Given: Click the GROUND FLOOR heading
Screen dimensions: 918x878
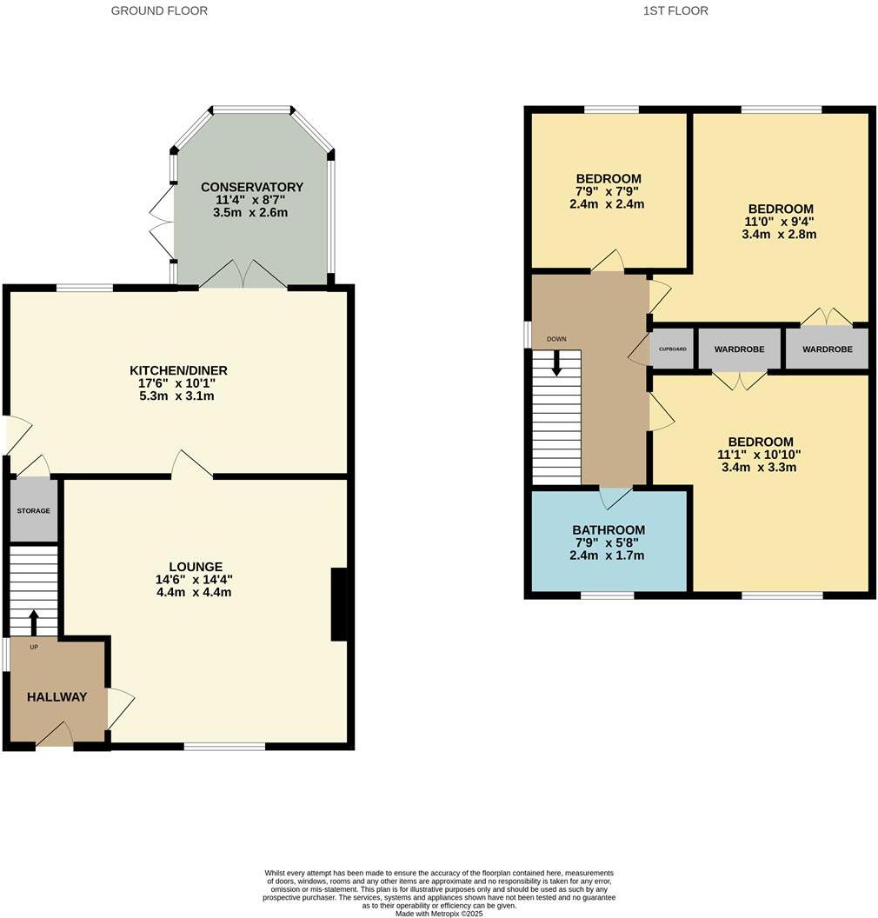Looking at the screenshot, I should pos(159,11).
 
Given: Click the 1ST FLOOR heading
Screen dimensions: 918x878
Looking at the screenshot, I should pos(675,11).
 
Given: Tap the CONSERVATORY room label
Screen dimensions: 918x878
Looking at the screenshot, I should pos(251,187).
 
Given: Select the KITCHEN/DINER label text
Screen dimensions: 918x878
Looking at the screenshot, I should pos(178,371).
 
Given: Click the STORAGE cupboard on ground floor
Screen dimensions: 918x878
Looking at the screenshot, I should pos(34,511).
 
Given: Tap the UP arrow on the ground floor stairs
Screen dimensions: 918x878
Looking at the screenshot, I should pos(34,623).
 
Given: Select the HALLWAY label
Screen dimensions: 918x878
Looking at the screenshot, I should pos(57,697).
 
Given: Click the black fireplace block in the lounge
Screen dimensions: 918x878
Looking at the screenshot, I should pos(340,604).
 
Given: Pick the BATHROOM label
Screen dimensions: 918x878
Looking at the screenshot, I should pos(609,530).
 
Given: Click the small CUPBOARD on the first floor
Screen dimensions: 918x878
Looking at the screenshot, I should pos(672,349).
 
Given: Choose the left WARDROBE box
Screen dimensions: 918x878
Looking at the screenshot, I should pos(739,349).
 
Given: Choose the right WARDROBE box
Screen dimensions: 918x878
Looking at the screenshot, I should pos(827,349).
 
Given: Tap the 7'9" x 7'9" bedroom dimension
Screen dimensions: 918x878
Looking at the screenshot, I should pos(609,192).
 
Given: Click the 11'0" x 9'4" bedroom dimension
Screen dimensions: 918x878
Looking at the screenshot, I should pos(781,222).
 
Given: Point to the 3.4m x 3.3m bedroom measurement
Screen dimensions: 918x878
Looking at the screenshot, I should pos(759,467).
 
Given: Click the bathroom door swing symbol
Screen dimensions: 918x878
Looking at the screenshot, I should pos(615,498).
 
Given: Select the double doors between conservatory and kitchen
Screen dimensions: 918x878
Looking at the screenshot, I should pos(243,275).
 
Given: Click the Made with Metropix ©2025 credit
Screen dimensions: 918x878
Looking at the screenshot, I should pos(439,914).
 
